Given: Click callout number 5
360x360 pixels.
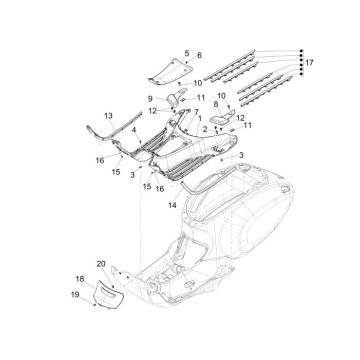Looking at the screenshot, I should (x=185, y=49).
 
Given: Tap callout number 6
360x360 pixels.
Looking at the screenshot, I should (x=198, y=55).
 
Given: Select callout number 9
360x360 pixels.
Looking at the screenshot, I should (x=152, y=98).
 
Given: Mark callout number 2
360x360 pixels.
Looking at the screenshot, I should (x=205, y=130).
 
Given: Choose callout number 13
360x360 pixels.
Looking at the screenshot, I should (x=108, y=116).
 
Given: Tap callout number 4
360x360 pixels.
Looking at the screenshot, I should (x=136, y=130).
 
